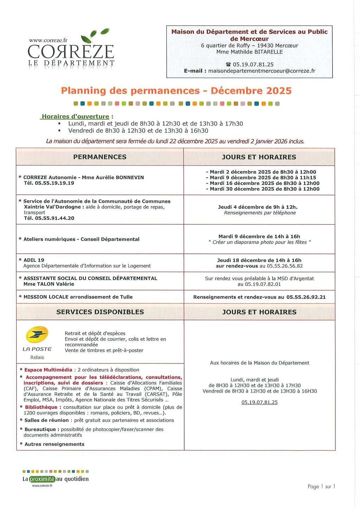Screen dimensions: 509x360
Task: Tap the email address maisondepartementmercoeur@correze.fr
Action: tap(262, 71)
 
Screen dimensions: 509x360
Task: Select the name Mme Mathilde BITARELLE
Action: tap(249, 52)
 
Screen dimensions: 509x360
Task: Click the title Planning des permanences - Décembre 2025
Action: tap(176, 91)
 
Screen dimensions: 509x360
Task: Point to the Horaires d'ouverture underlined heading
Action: tap(75, 116)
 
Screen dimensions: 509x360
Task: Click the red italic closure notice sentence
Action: tap(175, 141)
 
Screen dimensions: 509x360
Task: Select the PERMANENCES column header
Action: tap(100, 157)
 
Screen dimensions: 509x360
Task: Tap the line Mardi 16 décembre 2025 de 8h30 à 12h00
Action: tap(263, 183)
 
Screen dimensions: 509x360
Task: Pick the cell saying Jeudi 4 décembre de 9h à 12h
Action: tap(258, 207)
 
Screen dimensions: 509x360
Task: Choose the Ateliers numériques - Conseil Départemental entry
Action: tap(81, 239)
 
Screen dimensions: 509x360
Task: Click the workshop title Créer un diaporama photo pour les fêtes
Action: tap(259, 242)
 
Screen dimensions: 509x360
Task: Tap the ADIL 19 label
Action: tap(34, 260)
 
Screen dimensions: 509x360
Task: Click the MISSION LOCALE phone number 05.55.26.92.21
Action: tap(306, 297)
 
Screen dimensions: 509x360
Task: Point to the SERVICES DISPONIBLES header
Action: tap(100, 312)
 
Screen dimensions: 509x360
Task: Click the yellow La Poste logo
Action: tap(37, 335)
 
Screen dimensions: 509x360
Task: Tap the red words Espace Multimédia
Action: tap(48, 370)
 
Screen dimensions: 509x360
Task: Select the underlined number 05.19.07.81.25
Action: tap(259, 402)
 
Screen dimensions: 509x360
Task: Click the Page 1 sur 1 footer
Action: tap(321, 487)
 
